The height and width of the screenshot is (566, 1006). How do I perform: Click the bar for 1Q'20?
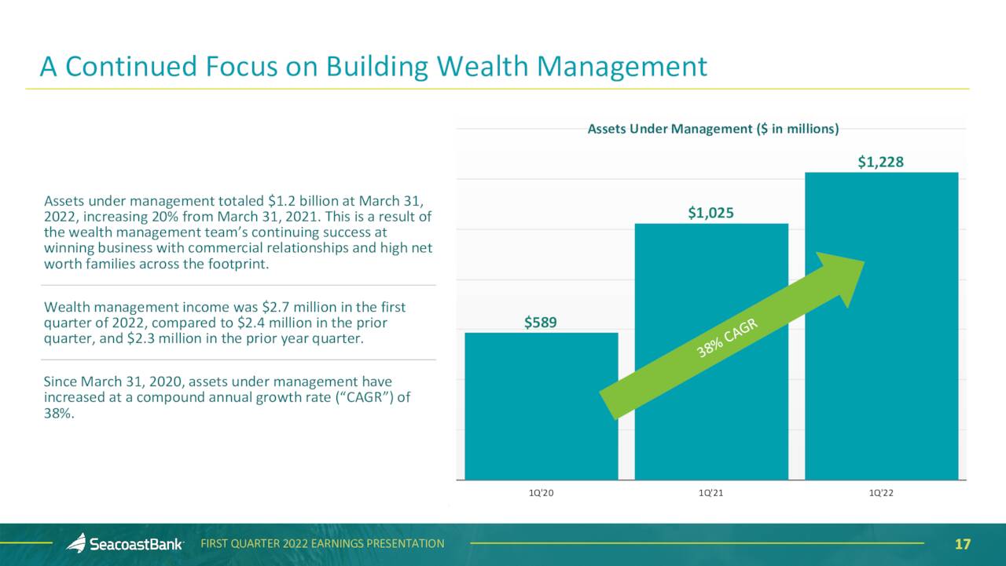tap(542, 407)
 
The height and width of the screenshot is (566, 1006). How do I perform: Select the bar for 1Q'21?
tap(711, 352)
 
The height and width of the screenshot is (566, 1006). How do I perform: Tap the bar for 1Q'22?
tap(882, 326)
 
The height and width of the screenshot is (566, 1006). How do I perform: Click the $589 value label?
tap(541, 322)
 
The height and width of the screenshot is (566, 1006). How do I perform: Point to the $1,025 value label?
tap(711, 213)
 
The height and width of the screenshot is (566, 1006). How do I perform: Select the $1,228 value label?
tap(881, 162)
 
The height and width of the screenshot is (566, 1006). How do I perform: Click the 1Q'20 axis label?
tap(542, 493)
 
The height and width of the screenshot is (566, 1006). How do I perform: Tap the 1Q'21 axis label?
tap(711, 493)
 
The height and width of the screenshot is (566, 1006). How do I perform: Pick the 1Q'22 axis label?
tap(881, 493)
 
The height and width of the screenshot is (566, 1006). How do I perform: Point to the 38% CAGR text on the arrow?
tap(727, 338)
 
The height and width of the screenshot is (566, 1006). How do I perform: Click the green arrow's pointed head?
tap(864, 261)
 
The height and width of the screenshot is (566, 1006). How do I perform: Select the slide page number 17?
tap(963, 544)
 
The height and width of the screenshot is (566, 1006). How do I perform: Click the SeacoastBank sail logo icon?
tap(77, 542)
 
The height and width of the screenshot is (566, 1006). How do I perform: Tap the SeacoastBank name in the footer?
tap(136, 544)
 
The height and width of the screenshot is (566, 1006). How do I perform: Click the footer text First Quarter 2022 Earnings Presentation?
tap(322, 543)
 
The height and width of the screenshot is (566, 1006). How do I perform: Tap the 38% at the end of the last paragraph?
tap(59, 413)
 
